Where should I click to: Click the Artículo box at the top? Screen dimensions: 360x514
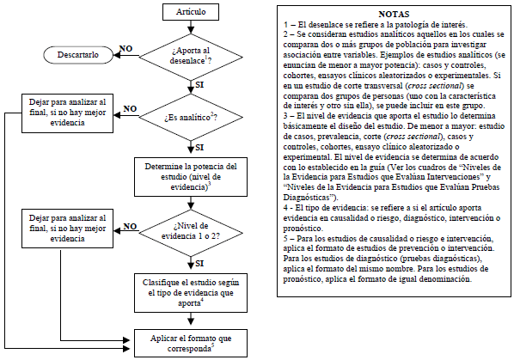click(x=190, y=14)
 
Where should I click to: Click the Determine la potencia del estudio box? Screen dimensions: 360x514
click(x=190, y=175)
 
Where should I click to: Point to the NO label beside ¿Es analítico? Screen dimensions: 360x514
click(x=130, y=108)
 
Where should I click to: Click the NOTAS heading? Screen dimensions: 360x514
click(x=393, y=15)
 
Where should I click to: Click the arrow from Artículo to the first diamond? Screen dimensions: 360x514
click(x=190, y=28)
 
